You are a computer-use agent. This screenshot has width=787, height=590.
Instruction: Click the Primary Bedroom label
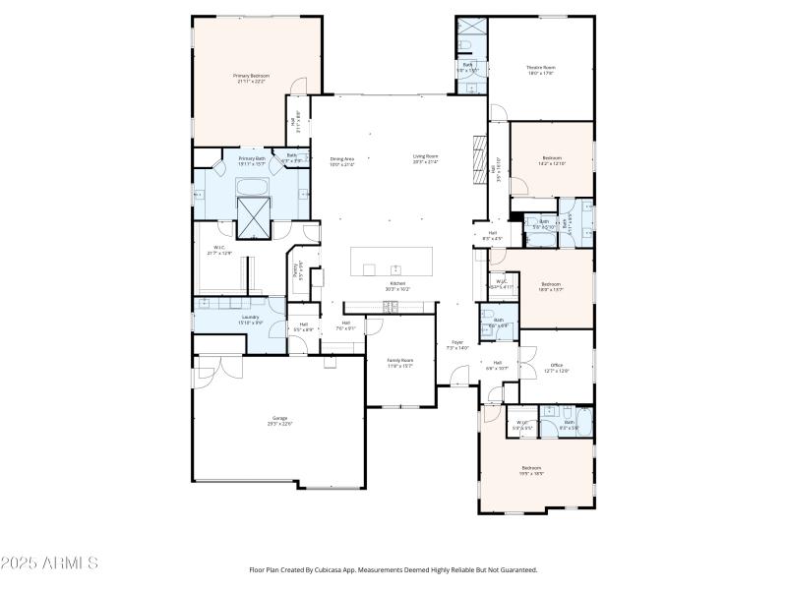click(x=251, y=79)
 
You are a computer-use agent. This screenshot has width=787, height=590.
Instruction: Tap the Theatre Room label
click(x=540, y=70)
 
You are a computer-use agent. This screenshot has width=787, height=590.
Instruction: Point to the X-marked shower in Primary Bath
click(x=254, y=217)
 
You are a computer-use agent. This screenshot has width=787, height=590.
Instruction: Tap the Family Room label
click(x=399, y=363)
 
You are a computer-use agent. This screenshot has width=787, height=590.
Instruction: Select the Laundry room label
click(x=251, y=320)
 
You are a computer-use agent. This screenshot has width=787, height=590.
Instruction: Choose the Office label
click(x=557, y=368)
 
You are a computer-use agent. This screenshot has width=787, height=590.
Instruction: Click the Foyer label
click(x=457, y=344)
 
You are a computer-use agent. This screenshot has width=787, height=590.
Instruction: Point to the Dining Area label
click(x=341, y=161)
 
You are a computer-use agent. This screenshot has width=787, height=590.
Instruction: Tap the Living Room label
click(x=425, y=158)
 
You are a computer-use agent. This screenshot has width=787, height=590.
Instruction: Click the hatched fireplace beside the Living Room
click(x=480, y=155)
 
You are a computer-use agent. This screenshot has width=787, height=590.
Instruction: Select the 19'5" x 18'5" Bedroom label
click(x=531, y=470)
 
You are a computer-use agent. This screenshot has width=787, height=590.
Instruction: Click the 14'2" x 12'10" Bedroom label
click(x=552, y=160)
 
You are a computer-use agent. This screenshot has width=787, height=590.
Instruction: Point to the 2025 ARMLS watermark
click(x=49, y=563)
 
